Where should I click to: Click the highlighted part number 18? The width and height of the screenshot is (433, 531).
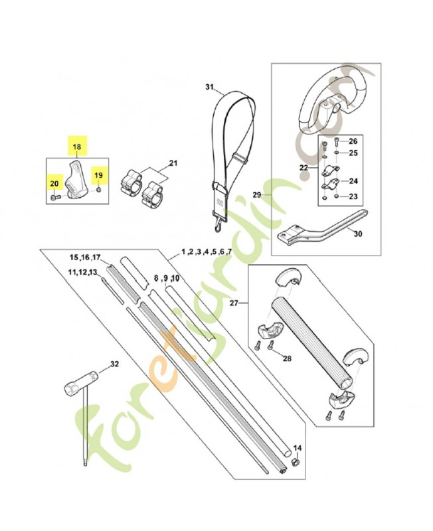pyautogui.click(x=77, y=147)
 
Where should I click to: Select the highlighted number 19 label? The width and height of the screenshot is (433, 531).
pyautogui.click(x=98, y=175)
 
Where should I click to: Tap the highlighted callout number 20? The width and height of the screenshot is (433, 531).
pyautogui.click(x=54, y=184)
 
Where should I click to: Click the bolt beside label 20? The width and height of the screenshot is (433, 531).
pyautogui.click(x=55, y=196)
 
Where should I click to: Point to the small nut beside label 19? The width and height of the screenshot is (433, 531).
pyautogui.click(x=98, y=190)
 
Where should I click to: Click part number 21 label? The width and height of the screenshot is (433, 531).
pyautogui.click(x=173, y=163)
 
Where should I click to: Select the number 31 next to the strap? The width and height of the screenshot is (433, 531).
pyautogui.click(x=209, y=88)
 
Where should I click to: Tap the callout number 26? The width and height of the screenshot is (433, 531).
pyautogui.click(x=353, y=141)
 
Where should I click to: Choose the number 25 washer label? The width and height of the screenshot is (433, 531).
pyautogui.click(x=353, y=153)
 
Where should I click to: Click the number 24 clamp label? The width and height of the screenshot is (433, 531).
pyautogui.click(x=353, y=181)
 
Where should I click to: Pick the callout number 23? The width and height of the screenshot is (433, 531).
pyautogui.click(x=353, y=196)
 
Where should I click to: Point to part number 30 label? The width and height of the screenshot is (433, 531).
pyautogui.click(x=358, y=234)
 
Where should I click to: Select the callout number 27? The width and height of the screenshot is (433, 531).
pyautogui.click(x=234, y=303)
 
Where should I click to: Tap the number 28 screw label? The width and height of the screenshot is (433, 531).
pyautogui.click(x=287, y=358)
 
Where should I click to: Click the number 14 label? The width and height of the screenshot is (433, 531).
pyautogui.click(x=297, y=448)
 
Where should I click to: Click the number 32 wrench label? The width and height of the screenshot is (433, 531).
pyautogui.click(x=115, y=364)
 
